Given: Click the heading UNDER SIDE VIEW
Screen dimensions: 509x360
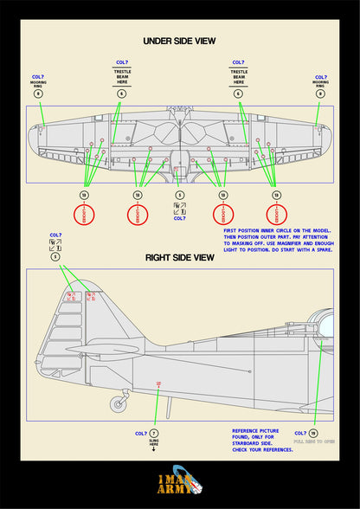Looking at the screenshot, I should pos(179,41).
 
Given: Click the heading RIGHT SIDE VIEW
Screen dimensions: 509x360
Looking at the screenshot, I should pos(180,257).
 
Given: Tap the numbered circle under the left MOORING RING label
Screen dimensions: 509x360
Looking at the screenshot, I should pos(37,93).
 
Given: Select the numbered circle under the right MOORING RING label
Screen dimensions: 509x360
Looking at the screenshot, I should pos(320,93).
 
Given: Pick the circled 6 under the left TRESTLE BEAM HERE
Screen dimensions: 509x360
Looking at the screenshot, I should pos(121,93).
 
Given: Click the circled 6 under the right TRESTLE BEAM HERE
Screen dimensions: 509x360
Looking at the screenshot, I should pos(236,93).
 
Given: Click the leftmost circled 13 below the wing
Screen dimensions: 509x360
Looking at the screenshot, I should pos(84,196).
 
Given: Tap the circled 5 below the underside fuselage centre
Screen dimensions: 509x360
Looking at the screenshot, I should pos(179,196).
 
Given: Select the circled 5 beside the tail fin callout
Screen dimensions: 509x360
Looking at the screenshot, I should pos(56,256).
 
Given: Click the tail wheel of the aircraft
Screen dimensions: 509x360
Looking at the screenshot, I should pos(119,403).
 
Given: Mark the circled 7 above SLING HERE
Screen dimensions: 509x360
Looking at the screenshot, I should pos(154,433).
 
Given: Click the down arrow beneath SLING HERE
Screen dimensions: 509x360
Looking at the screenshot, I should pos(154,450).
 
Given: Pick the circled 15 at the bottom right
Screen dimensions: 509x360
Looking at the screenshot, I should pos(313,433).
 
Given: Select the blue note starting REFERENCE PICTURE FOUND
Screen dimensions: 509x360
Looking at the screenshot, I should pos(256,439).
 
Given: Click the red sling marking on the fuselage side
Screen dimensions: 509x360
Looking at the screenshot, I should pos(157,383).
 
